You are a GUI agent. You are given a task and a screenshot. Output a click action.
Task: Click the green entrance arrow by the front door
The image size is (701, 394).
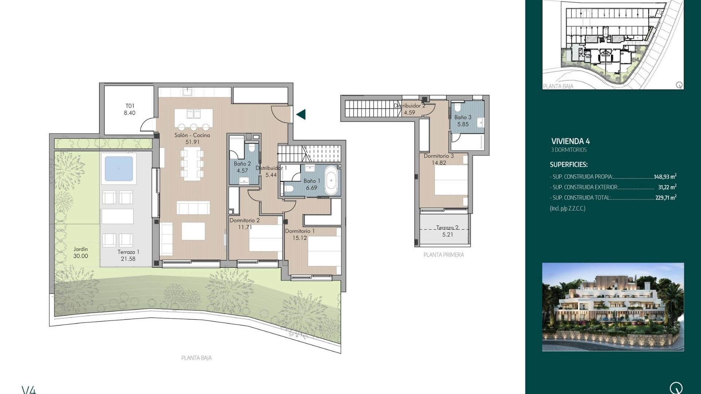click(x=301, y=115)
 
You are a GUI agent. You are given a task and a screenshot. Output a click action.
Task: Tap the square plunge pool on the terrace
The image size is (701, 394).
click(x=119, y=169)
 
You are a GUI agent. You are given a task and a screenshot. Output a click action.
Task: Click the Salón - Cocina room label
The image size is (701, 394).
click(x=192, y=135)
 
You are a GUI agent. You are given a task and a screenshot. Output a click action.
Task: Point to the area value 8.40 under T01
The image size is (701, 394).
click(x=129, y=113)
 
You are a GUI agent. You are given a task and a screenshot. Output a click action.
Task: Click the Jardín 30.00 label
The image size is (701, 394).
click(x=81, y=252)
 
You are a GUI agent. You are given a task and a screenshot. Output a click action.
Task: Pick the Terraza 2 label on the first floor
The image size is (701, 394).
click(x=447, y=228)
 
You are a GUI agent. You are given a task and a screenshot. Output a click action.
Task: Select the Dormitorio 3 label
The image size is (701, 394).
click(x=438, y=156)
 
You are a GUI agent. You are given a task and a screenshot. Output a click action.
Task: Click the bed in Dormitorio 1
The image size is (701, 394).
click(x=324, y=252)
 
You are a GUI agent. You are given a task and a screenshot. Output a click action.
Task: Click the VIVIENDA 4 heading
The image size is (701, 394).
click(x=570, y=142)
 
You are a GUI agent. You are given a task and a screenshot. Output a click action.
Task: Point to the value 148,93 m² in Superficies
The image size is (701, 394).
click(x=665, y=177)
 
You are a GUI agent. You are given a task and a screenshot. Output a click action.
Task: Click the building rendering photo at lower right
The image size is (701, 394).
click(x=613, y=307)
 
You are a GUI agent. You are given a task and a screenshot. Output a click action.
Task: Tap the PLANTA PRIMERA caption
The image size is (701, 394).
click(x=443, y=255)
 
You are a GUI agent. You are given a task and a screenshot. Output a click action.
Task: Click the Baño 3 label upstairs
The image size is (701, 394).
click(x=463, y=117)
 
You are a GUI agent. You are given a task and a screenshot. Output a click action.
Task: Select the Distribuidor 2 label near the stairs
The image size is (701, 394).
click(x=409, y=106)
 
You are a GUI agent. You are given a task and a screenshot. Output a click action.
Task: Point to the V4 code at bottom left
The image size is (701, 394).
click(x=29, y=390)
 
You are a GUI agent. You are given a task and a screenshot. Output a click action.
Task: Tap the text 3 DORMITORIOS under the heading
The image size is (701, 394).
click(x=569, y=150)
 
